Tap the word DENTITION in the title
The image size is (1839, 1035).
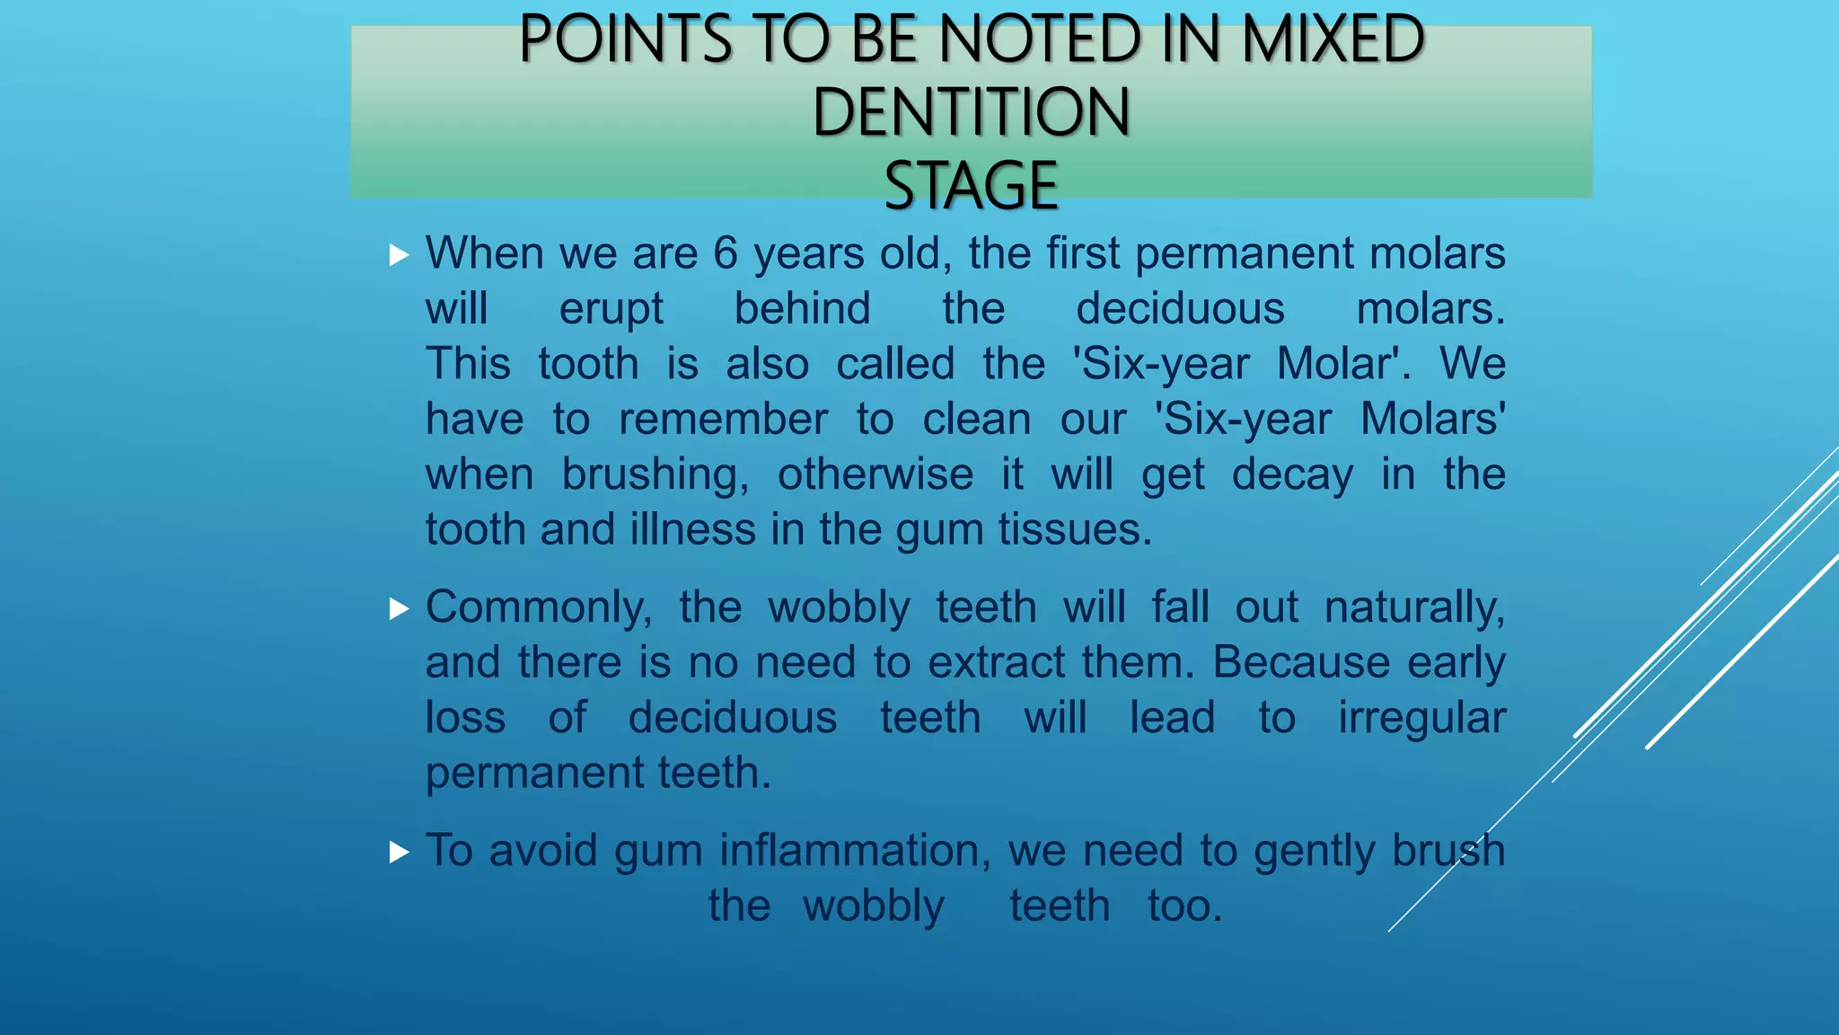971,112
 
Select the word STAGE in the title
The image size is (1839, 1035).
971,186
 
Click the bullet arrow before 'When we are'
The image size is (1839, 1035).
399,255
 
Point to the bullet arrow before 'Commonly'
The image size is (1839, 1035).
399,610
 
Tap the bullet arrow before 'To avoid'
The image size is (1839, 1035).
399,852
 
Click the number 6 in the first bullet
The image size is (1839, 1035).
726,253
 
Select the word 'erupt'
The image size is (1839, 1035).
611,310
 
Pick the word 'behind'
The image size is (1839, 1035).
802,308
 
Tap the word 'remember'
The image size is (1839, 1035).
723,420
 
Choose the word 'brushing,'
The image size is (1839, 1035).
655,475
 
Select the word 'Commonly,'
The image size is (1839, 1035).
539,608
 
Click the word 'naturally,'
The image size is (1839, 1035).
1414,608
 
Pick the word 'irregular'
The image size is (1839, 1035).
1421,718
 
